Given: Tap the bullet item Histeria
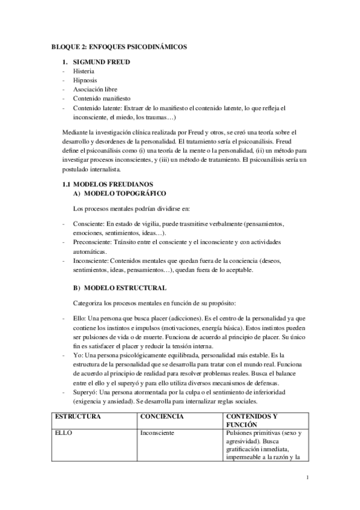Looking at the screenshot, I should point(85,71).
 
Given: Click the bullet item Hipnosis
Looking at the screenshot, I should point(85,80).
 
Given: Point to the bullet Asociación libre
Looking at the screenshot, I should point(95,89).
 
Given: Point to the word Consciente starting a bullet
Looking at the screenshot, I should point(88,223).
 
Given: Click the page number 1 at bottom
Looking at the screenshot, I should point(307,478).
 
